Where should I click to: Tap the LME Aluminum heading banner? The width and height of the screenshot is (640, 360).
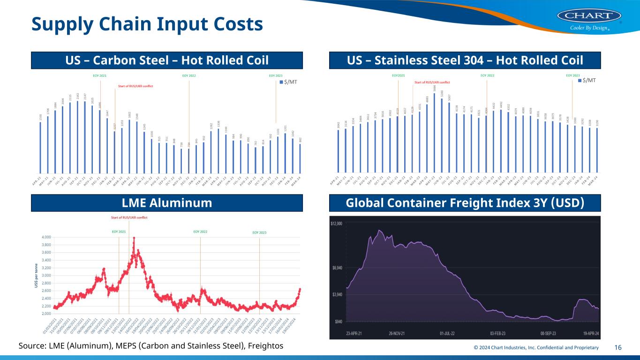[x=167, y=203]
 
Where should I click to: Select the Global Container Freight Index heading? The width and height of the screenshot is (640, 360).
[x=465, y=203]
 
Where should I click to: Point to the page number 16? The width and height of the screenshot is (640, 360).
[x=618, y=347]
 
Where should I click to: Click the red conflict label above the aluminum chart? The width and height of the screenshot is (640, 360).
[x=129, y=217]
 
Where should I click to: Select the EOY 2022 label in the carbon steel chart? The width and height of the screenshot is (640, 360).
[x=189, y=75]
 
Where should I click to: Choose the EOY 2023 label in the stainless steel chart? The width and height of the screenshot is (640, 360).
[x=573, y=75]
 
